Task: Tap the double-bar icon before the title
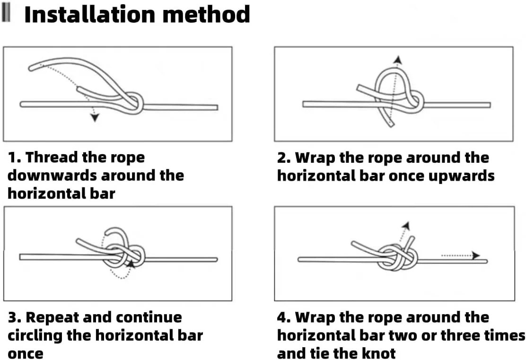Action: click(6, 14)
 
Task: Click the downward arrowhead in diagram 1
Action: click(95, 118)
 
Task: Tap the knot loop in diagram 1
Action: click(135, 101)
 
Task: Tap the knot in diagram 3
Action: click(124, 255)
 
